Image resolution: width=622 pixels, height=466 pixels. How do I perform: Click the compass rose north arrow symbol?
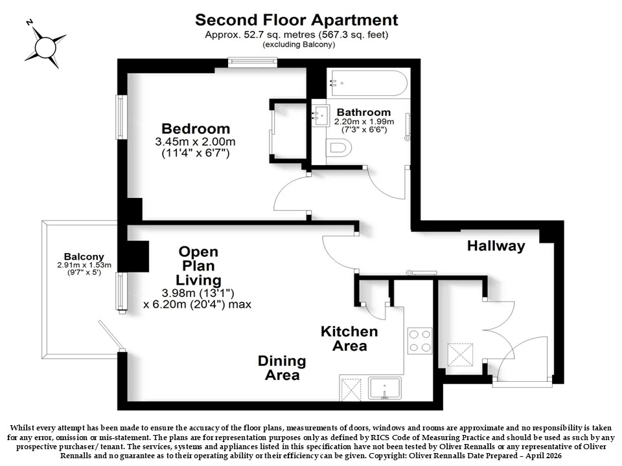point(45,47)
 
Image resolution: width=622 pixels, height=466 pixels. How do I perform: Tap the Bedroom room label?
point(196,129)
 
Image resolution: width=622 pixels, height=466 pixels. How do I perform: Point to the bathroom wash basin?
point(320,115)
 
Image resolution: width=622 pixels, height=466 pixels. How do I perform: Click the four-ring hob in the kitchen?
point(420,341)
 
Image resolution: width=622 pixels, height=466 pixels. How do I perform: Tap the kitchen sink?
point(385,388)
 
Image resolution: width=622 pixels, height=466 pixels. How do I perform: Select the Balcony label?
point(84,257)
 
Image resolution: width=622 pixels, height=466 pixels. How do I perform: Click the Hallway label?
point(496,246)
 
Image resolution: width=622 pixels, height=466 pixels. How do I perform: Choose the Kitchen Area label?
point(349,338)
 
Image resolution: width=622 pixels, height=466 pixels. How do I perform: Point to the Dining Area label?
point(282,368)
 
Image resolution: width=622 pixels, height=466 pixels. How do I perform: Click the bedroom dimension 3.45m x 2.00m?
point(195,142)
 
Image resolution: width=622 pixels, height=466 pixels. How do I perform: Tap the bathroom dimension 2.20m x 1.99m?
point(364,122)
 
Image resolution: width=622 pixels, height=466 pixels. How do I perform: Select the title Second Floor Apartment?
point(297,20)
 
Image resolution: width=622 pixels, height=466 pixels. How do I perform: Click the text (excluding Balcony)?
point(299,45)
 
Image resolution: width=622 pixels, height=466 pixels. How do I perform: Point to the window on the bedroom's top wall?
point(252,61)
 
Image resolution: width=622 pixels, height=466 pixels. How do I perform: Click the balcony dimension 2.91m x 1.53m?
point(84,265)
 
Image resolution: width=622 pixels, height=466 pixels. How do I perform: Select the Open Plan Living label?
point(198,266)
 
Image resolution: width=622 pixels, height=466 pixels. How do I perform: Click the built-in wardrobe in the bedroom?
point(289,131)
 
